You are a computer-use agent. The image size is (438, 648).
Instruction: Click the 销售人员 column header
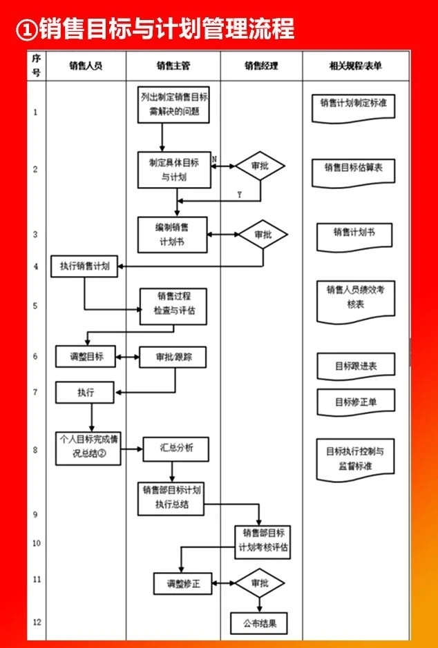86,66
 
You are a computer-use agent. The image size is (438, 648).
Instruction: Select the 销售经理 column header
261,66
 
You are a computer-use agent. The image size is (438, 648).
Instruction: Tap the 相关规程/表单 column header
356,66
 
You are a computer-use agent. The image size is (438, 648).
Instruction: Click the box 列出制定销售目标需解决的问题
173,105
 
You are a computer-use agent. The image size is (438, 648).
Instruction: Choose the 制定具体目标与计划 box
174,170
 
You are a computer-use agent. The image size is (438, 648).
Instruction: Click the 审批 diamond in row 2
260,166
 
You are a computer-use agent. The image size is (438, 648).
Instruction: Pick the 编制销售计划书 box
173,235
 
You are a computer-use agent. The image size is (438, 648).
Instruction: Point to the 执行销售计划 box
84,266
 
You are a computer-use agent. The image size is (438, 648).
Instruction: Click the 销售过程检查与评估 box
173,306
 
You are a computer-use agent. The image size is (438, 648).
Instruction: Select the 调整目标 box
86,356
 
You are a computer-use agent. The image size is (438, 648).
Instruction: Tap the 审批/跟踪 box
173,357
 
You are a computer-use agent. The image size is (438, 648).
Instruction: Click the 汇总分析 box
175,449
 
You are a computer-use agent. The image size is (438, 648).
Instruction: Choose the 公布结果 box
259,623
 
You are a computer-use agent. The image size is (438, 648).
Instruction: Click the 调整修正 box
183,584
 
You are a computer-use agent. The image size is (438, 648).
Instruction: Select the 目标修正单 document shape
356,402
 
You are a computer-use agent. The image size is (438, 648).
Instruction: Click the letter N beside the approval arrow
214,159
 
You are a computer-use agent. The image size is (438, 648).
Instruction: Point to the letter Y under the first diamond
239,195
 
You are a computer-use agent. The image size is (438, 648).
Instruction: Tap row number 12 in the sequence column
37,622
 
